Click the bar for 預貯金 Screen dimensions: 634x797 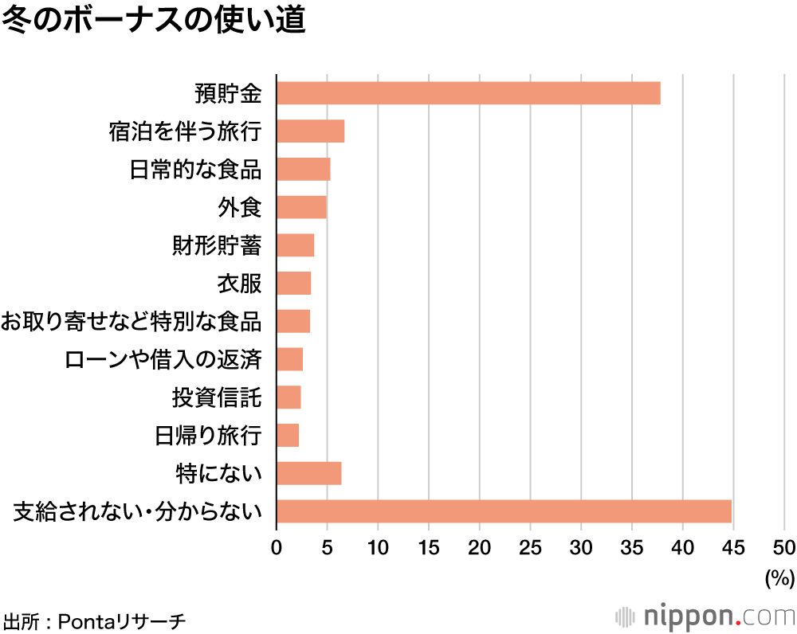[x=469, y=93]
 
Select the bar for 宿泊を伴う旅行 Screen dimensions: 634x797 [x=310, y=131]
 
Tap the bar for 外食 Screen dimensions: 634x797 [x=301, y=207]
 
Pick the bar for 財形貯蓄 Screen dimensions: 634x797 [x=295, y=245]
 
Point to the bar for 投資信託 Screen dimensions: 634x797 [x=289, y=397]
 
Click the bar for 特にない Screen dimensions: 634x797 [x=308, y=473]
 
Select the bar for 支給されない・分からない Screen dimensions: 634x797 [x=504, y=511]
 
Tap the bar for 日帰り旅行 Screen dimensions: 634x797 [x=288, y=435]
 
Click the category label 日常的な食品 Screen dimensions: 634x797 [x=196, y=170]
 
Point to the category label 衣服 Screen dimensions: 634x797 [x=239, y=284]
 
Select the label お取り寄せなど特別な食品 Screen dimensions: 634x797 [x=132, y=322]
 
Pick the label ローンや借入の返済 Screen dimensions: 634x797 [x=163, y=359]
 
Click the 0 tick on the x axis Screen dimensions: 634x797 [x=277, y=547]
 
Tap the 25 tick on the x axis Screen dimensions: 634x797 [x=530, y=547]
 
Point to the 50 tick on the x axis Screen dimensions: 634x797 [x=784, y=547]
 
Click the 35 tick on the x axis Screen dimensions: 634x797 [x=632, y=547]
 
